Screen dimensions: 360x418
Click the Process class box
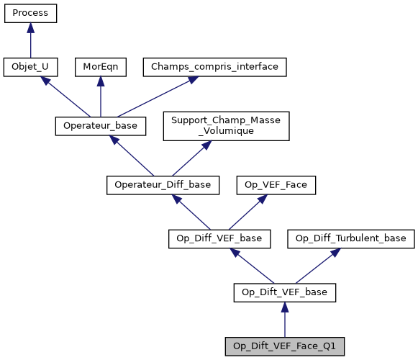click(30, 13)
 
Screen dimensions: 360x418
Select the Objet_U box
click(30, 67)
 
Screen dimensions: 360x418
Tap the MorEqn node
click(100, 67)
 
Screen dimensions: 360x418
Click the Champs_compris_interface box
click(215, 67)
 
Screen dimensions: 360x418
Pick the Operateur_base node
click(101, 125)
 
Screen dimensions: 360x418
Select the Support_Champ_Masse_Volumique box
click(227, 125)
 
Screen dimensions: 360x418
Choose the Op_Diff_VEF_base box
click(219, 238)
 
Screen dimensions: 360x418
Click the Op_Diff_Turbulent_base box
click(351, 238)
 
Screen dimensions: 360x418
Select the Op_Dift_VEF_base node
click(285, 292)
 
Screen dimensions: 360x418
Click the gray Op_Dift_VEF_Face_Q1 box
click(285, 346)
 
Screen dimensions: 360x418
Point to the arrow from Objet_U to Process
click(30, 40)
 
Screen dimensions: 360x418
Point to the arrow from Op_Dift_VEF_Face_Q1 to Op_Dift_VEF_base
click(285, 320)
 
